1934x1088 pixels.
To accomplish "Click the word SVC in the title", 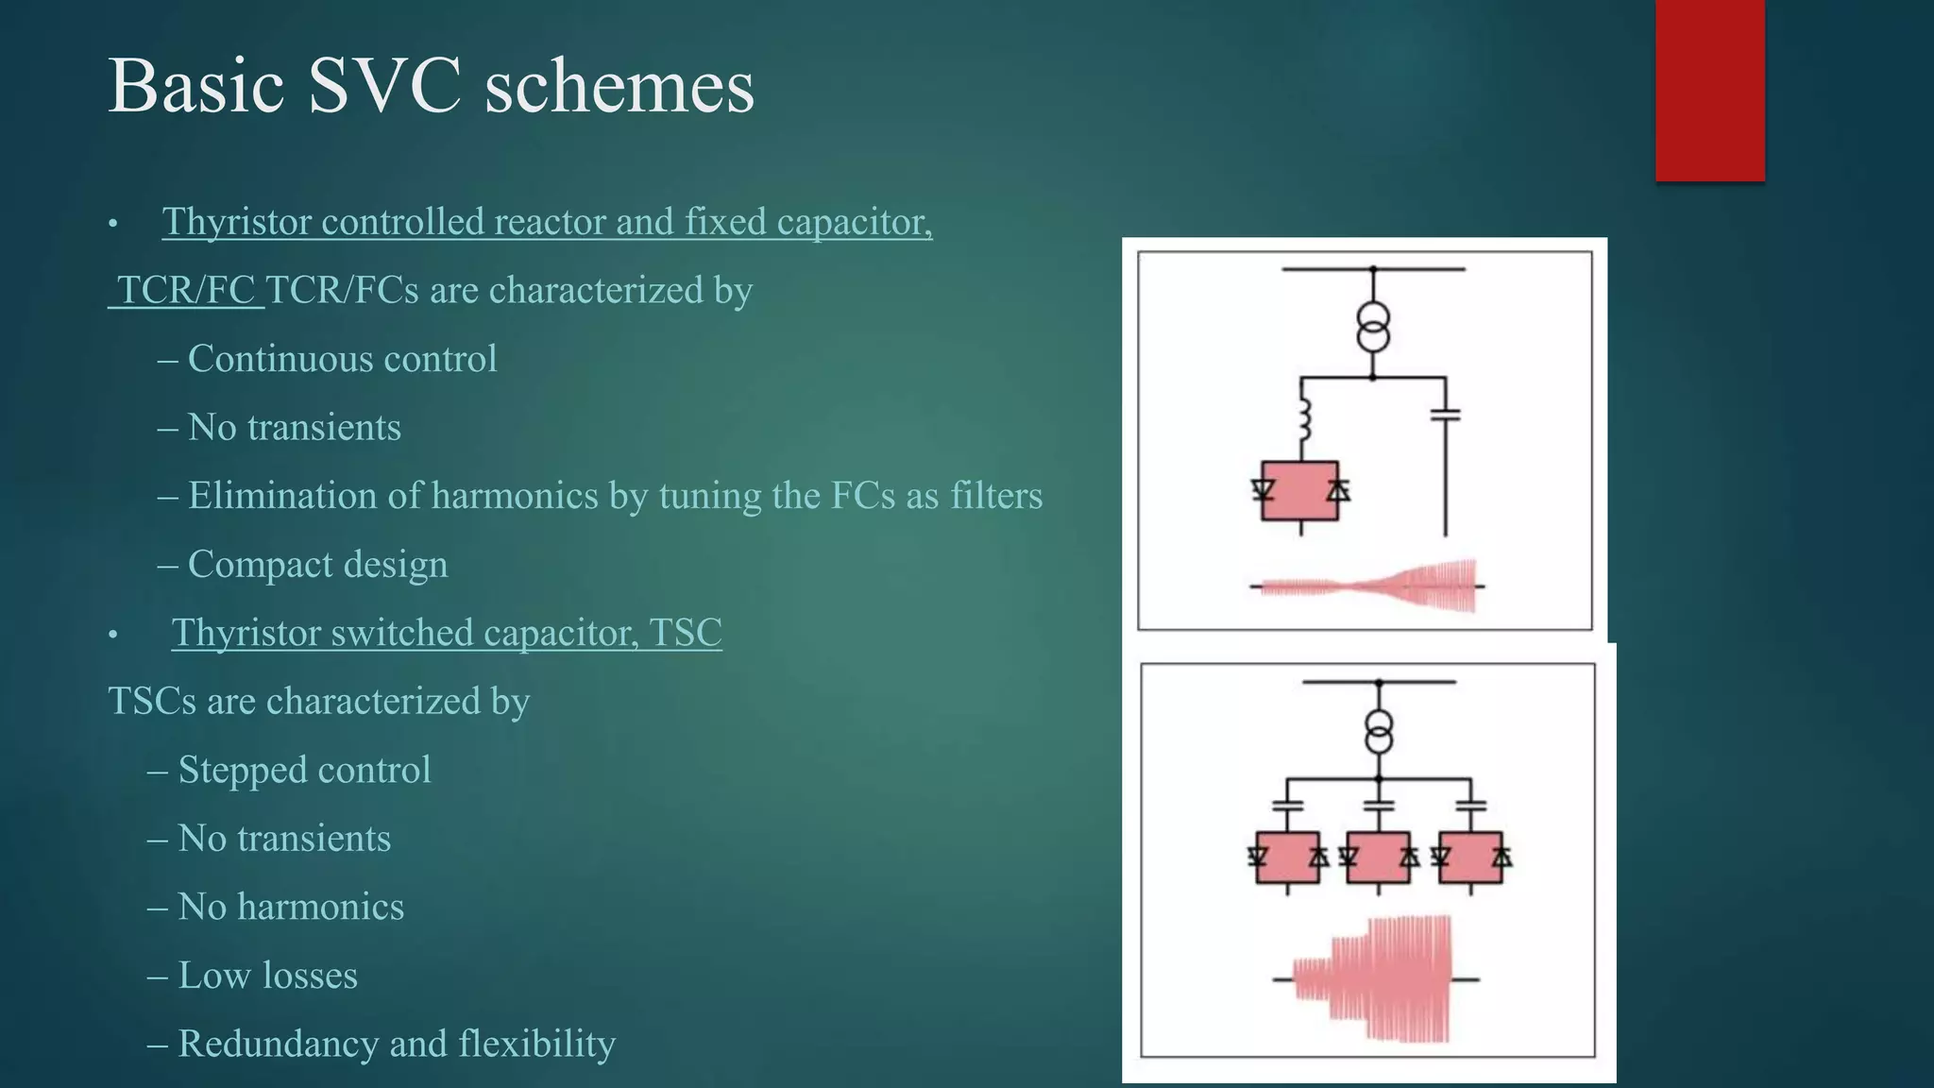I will [x=384, y=86].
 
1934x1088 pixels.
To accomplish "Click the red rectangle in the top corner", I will [x=1709, y=90].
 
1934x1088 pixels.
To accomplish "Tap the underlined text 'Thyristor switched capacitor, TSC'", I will [x=447, y=633].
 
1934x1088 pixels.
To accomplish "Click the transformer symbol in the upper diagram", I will [x=1373, y=327].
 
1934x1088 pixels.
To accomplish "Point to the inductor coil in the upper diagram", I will [x=1303, y=419].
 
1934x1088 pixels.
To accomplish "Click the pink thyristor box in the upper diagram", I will [x=1300, y=490].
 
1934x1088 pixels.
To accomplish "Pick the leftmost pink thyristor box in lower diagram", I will [x=1287, y=858].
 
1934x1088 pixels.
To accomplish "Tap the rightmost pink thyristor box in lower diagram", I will [x=1470, y=858].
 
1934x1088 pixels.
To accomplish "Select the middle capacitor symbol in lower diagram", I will [x=1379, y=806].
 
